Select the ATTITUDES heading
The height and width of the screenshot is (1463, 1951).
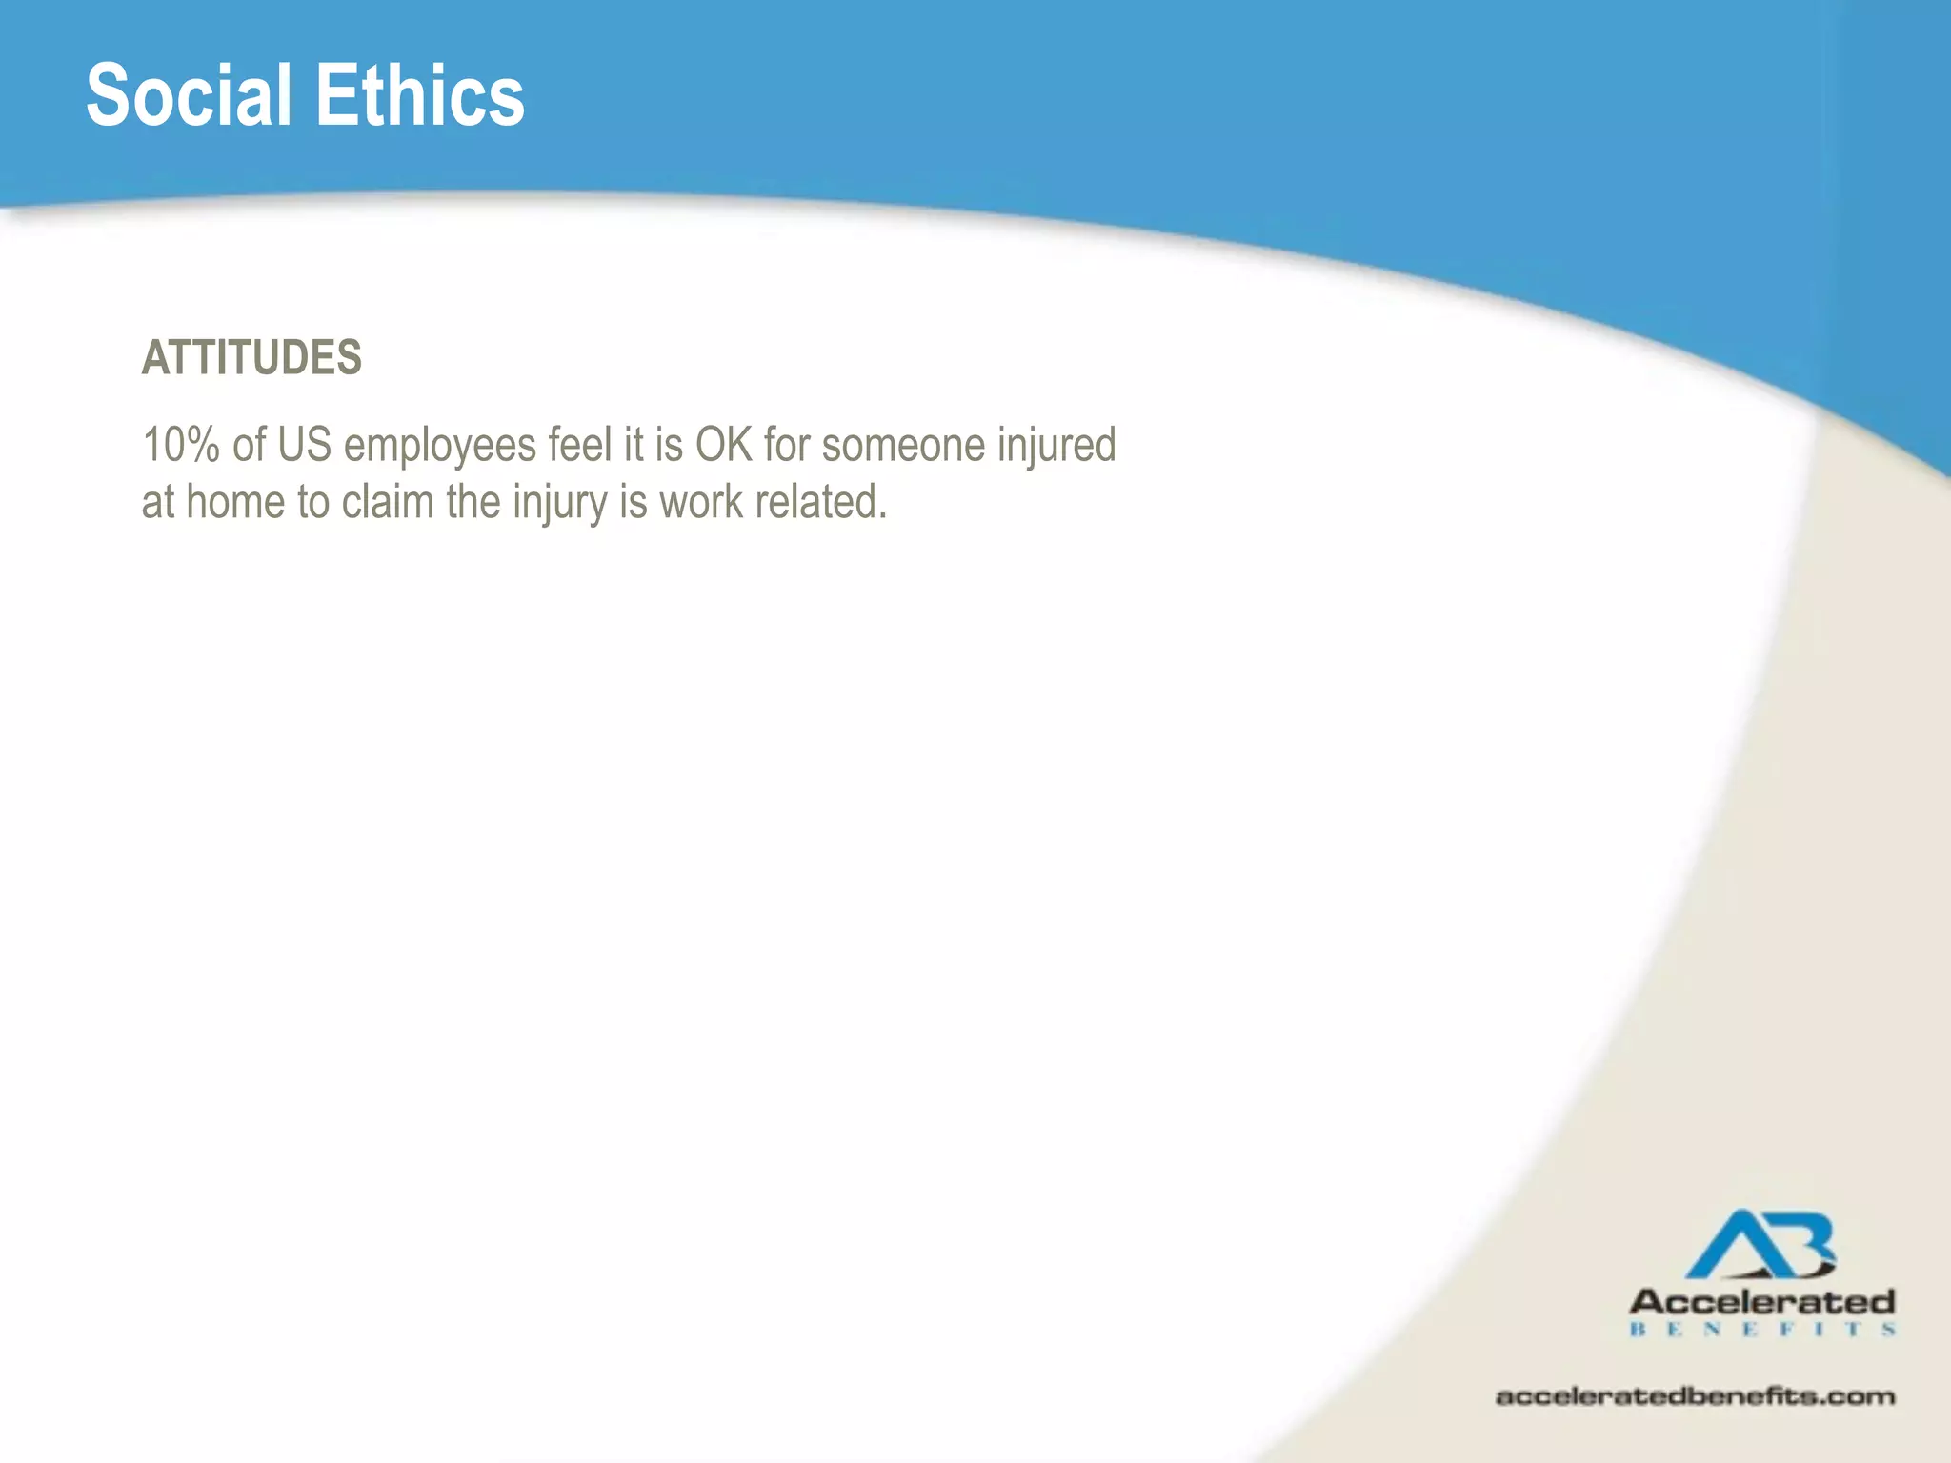pyautogui.click(x=251, y=358)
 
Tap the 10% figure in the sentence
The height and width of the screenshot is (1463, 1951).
pyautogui.click(x=181, y=445)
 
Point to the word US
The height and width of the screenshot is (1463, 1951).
pyautogui.click(x=304, y=445)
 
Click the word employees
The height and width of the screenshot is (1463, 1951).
pyautogui.click(x=439, y=447)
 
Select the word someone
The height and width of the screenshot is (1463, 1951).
pyautogui.click(x=903, y=445)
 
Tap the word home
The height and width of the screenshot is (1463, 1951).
pyautogui.click(x=234, y=502)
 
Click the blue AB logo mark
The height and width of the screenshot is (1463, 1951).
pyautogui.click(x=1761, y=1245)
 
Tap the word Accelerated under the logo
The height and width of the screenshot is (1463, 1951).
pyautogui.click(x=1762, y=1301)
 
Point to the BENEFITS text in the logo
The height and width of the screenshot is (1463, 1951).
pyautogui.click(x=1762, y=1330)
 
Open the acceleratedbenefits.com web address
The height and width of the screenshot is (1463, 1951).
pyautogui.click(x=1695, y=1396)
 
